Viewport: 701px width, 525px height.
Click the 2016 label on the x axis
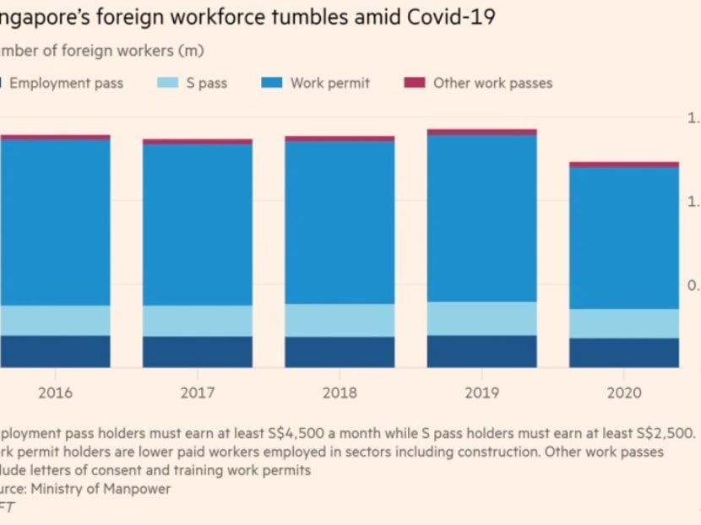click(x=55, y=392)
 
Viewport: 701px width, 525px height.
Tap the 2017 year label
click(x=198, y=392)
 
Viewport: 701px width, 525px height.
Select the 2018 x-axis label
click(x=340, y=392)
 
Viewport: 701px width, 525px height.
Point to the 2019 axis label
click(x=481, y=392)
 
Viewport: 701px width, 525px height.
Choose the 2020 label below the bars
click(x=624, y=392)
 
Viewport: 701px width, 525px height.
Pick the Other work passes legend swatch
click(x=414, y=83)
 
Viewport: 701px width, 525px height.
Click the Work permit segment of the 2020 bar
click(x=624, y=237)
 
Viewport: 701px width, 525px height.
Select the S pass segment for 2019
click(x=481, y=318)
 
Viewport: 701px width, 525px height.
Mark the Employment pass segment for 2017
click(x=198, y=352)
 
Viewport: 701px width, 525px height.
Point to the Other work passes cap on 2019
click(x=481, y=132)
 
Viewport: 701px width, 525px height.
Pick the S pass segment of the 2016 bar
click(x=55, y=320)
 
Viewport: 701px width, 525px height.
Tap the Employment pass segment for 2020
click(x=624, y=353)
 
